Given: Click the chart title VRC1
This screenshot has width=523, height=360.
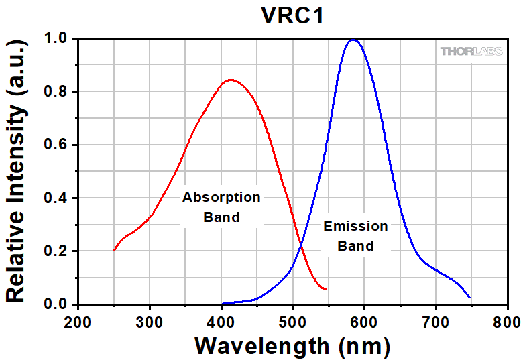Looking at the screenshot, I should (292, 15).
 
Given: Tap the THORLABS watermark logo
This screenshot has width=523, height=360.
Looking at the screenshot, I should (472, 51).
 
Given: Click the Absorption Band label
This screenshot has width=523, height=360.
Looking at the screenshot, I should (221, 207).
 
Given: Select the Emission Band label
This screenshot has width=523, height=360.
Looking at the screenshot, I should (355, 235).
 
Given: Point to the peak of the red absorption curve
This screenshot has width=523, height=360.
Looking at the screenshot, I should (231, 80).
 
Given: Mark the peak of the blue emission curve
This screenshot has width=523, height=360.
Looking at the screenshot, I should (353, 40).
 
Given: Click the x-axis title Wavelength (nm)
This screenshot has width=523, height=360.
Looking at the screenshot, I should (292, 346).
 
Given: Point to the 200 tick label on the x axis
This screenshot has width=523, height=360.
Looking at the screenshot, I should (78, 321).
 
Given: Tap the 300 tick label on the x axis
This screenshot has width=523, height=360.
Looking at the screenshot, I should (150, 321).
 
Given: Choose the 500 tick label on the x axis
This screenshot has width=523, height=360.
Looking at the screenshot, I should (292, 321).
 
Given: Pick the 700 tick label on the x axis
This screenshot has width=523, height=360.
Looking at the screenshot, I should (436, 321).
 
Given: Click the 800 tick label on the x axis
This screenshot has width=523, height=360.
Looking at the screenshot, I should (507, 321).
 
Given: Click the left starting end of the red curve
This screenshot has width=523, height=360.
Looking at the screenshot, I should (114, 250).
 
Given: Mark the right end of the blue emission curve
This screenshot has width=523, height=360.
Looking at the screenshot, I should (469, 297).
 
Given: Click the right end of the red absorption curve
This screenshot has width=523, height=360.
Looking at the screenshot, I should (326, 288).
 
